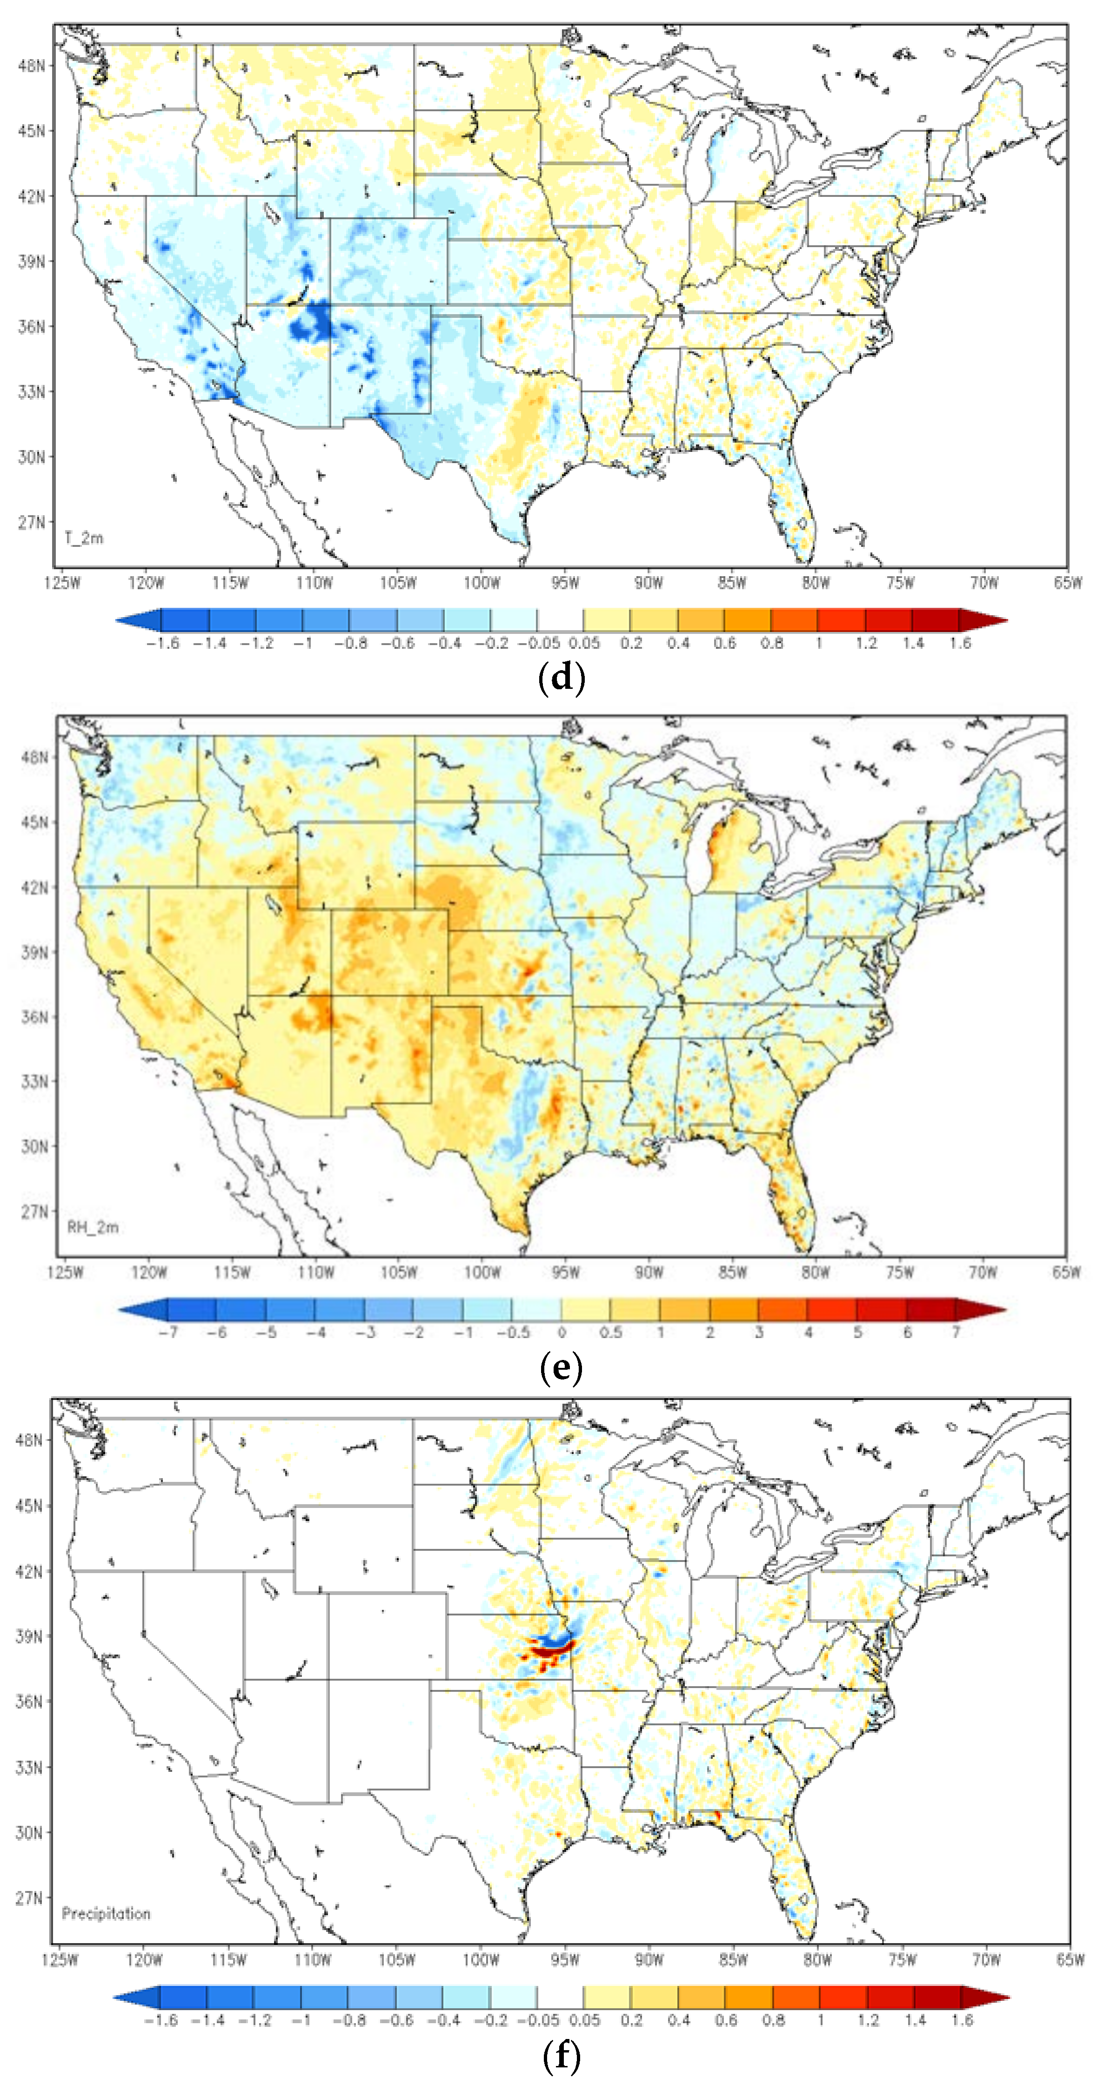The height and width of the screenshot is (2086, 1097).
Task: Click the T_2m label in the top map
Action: (83, 538)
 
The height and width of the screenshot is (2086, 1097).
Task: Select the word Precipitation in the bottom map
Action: (106, 1913)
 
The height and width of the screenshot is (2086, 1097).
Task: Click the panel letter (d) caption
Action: (561, 677)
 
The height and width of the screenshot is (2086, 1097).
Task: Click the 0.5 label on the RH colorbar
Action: (610, 1332)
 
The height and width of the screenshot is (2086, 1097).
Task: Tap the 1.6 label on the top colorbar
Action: (960, 643)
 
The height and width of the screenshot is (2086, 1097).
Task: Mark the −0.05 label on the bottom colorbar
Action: (538, 2020)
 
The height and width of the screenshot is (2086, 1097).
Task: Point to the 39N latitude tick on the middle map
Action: (34, 952)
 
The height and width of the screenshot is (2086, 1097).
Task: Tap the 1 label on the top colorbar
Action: (818, 643)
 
